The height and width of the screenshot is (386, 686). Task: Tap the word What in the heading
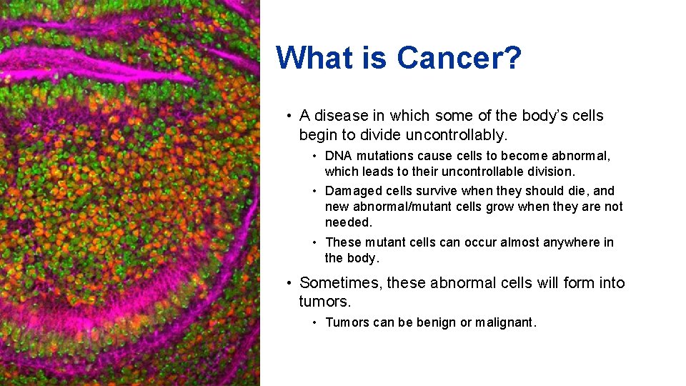(x=317, y=58)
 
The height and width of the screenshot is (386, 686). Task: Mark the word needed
(x=349, y=222)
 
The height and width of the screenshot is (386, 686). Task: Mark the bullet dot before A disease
(x=287, y=117)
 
